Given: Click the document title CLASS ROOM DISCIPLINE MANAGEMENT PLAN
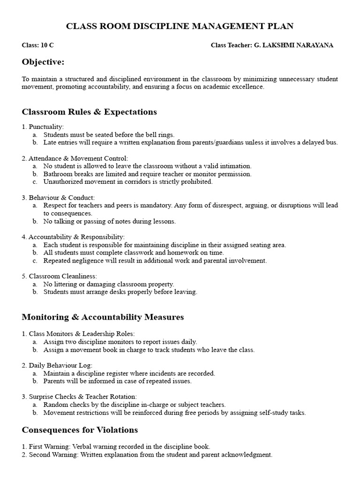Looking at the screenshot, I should (x=180, y=27).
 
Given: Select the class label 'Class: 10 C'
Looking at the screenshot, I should (x=38, y=45).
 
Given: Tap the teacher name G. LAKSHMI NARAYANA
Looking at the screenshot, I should (x=293, y=45).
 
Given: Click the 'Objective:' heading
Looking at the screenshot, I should (x=43, y=62).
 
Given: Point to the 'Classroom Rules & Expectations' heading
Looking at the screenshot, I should (x=89, y=112).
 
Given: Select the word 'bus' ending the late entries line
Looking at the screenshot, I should (x=331, y=142).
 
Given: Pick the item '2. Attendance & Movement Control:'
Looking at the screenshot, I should (x=75, y=158).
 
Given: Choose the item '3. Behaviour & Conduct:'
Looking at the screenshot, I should (x=58, y=198).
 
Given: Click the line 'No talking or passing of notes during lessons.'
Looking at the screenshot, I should (x=109, y=221).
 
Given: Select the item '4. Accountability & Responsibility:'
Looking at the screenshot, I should (x=73, y=237).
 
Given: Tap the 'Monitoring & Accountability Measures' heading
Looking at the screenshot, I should (x=103, y=317).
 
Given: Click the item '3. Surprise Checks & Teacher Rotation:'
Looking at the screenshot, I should (x=79, y=397).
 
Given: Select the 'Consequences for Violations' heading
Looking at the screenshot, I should (x=80, y=430).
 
